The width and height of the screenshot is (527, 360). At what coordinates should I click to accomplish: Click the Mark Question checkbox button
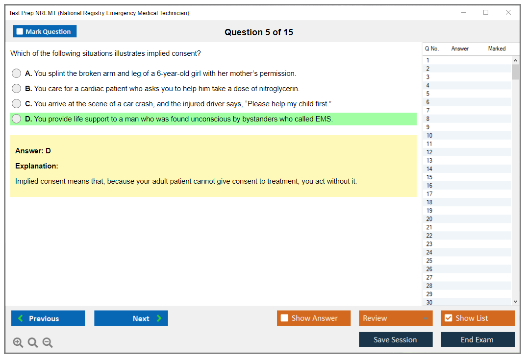(x=44, y=31)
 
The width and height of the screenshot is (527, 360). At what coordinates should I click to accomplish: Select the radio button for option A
(x=17, y=73)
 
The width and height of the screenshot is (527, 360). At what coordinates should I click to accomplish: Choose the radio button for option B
(x=17, y=88)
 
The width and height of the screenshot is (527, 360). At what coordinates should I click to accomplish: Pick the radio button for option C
(x=17, y=103)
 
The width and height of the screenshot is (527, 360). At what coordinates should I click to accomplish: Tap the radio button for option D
(x=17, y=119)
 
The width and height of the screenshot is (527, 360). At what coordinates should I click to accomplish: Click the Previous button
(x=48, y=318)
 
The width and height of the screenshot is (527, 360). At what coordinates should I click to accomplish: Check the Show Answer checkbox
(x=284, y=318)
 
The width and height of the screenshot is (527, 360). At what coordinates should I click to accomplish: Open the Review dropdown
(x=396, y=318)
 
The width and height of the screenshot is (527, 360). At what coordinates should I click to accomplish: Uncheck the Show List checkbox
(x=449, y=318)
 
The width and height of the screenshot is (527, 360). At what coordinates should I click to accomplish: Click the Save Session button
(x=396, y=339)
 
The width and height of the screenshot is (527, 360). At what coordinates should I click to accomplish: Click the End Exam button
(x=477, y=339)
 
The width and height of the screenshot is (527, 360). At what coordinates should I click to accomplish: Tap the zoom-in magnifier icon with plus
(x=18, y=342)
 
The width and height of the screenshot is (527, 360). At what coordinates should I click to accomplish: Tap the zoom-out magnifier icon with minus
(x=48, y=342)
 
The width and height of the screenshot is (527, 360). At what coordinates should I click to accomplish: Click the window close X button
(x=508, y=12)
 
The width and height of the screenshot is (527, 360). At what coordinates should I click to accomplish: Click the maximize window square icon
(x=486, y=12)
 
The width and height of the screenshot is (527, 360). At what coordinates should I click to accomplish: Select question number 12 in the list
(x=429, y=152)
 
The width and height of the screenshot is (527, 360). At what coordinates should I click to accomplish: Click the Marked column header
(x=497, y=48)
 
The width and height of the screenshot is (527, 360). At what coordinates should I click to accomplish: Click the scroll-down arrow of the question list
(x=516, y=302)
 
